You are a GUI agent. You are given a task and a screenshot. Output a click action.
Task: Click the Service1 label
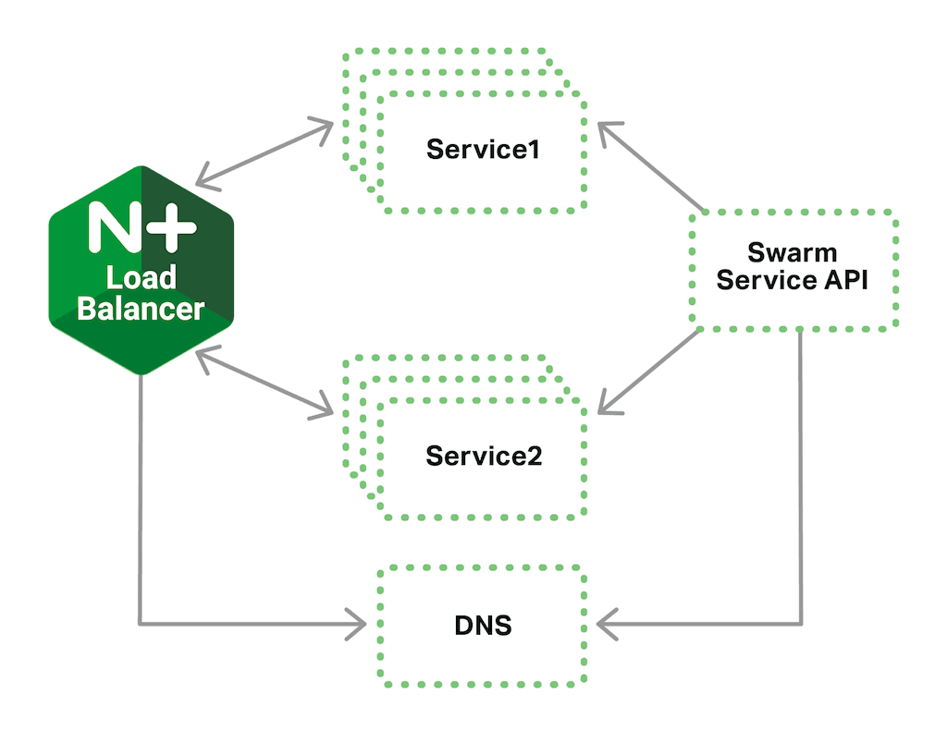(482, 150)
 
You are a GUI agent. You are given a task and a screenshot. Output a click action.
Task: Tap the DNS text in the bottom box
(483, 627)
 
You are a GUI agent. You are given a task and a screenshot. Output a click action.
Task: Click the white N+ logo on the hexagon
(141, 226)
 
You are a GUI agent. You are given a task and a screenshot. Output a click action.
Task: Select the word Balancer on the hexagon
(141, 308)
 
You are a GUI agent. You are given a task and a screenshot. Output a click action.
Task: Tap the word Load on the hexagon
(141, 277)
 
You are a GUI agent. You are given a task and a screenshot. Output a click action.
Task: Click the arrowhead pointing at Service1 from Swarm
(607, 131)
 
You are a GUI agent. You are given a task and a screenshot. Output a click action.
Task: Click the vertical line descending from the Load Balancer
(141, 499)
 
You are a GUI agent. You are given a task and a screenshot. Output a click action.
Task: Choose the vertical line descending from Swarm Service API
(801, 481)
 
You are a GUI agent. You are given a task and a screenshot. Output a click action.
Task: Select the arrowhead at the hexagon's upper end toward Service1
(204, 177)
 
